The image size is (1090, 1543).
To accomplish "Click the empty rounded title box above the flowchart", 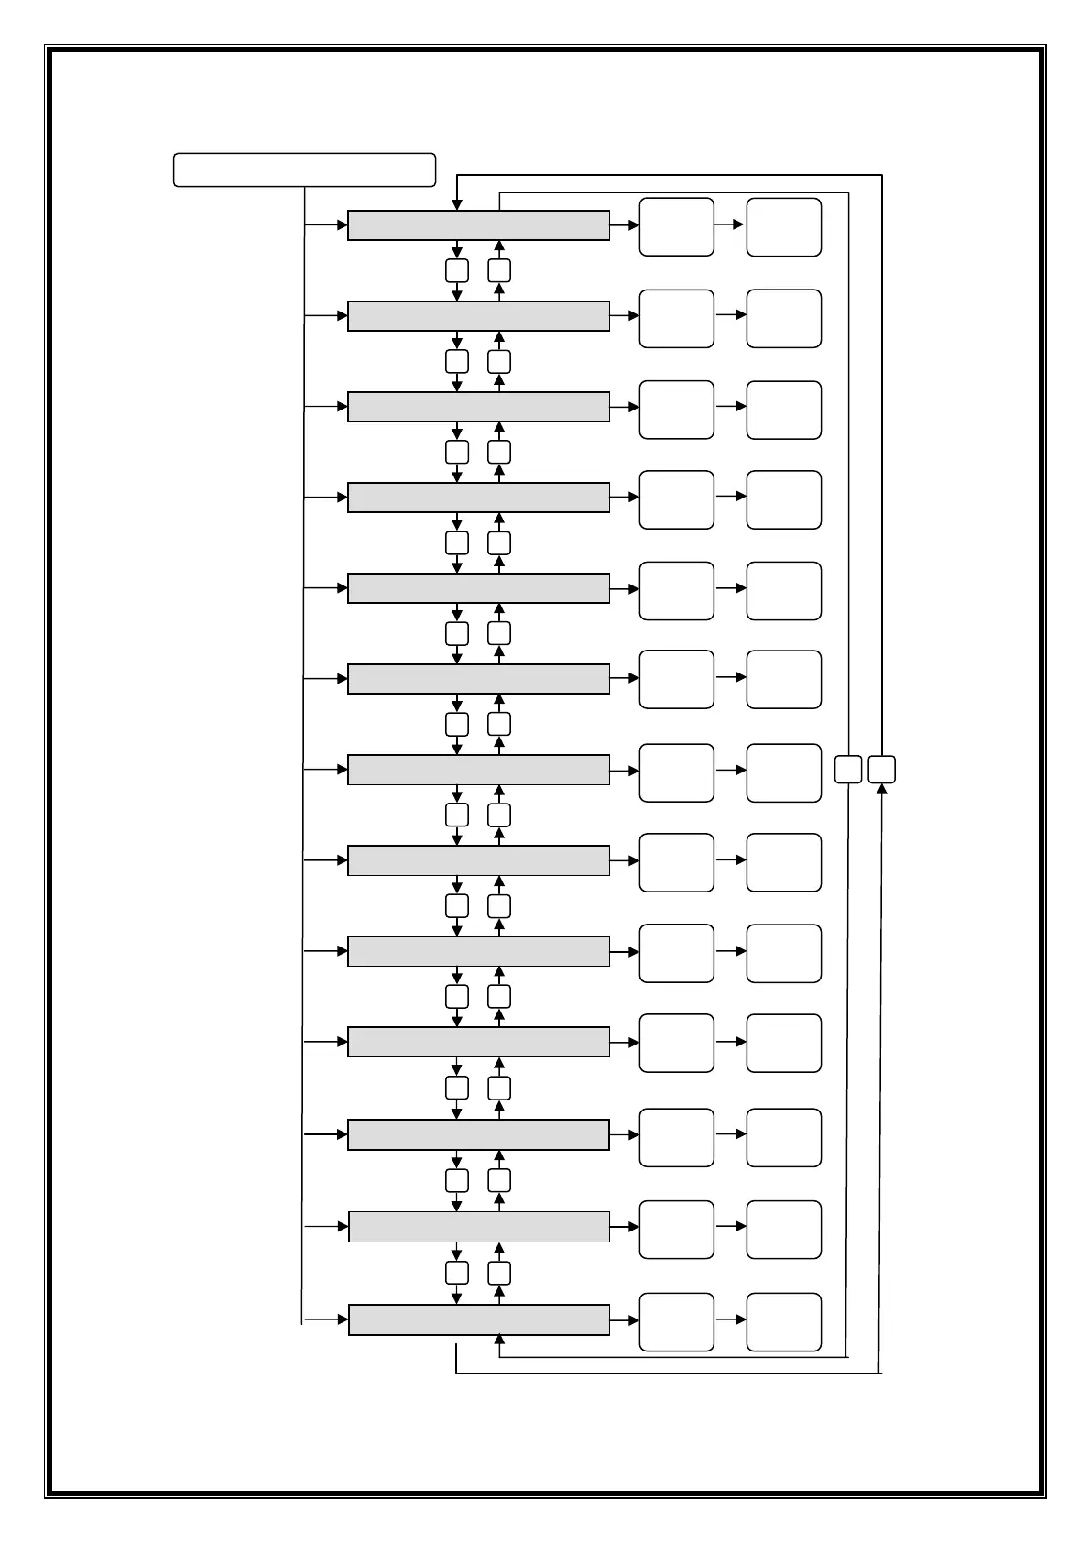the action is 304,170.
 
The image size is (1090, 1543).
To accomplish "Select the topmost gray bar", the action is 478,225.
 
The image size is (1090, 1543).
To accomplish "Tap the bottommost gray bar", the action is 478,1320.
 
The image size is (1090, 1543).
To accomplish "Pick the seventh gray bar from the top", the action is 478,771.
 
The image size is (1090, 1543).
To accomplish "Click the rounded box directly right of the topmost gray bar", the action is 676,226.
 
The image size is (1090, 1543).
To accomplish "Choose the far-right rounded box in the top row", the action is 783,226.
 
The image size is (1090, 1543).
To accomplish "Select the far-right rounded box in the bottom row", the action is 783,1322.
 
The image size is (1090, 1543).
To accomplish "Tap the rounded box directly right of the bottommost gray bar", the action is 676,1322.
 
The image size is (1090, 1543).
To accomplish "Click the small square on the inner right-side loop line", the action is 848,770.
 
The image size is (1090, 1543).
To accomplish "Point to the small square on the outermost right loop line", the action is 881,770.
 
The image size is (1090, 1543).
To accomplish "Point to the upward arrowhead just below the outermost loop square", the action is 881,790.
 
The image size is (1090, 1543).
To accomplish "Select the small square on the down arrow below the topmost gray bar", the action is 457,270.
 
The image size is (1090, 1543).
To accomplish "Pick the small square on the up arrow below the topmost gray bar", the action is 499,270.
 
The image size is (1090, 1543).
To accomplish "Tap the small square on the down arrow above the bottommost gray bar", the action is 457,1273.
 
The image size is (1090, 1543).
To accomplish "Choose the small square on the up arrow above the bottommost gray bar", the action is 499,1273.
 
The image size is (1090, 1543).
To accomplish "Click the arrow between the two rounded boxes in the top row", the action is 730,224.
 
